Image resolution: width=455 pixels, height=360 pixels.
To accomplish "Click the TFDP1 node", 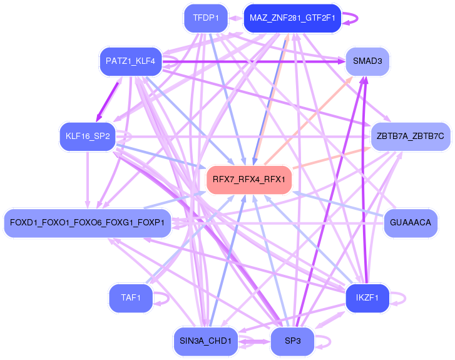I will point(206,18).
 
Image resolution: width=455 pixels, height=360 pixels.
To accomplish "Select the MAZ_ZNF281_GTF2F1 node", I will point(292,18).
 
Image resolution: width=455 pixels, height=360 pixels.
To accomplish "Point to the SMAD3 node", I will point(371,61).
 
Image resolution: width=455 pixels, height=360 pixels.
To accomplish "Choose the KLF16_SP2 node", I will point(88,136).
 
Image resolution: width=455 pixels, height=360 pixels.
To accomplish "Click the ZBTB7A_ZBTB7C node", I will point(410,136).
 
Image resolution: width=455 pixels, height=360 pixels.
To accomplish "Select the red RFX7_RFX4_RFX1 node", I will point(248,180).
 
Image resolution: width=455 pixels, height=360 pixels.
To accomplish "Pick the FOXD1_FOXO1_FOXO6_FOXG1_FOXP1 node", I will point(87,222).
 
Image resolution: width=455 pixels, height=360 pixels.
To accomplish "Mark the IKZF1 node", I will point(367,298).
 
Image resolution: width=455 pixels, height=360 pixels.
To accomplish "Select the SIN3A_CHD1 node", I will point(205,341).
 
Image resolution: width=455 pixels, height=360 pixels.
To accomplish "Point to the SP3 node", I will point(292,341).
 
